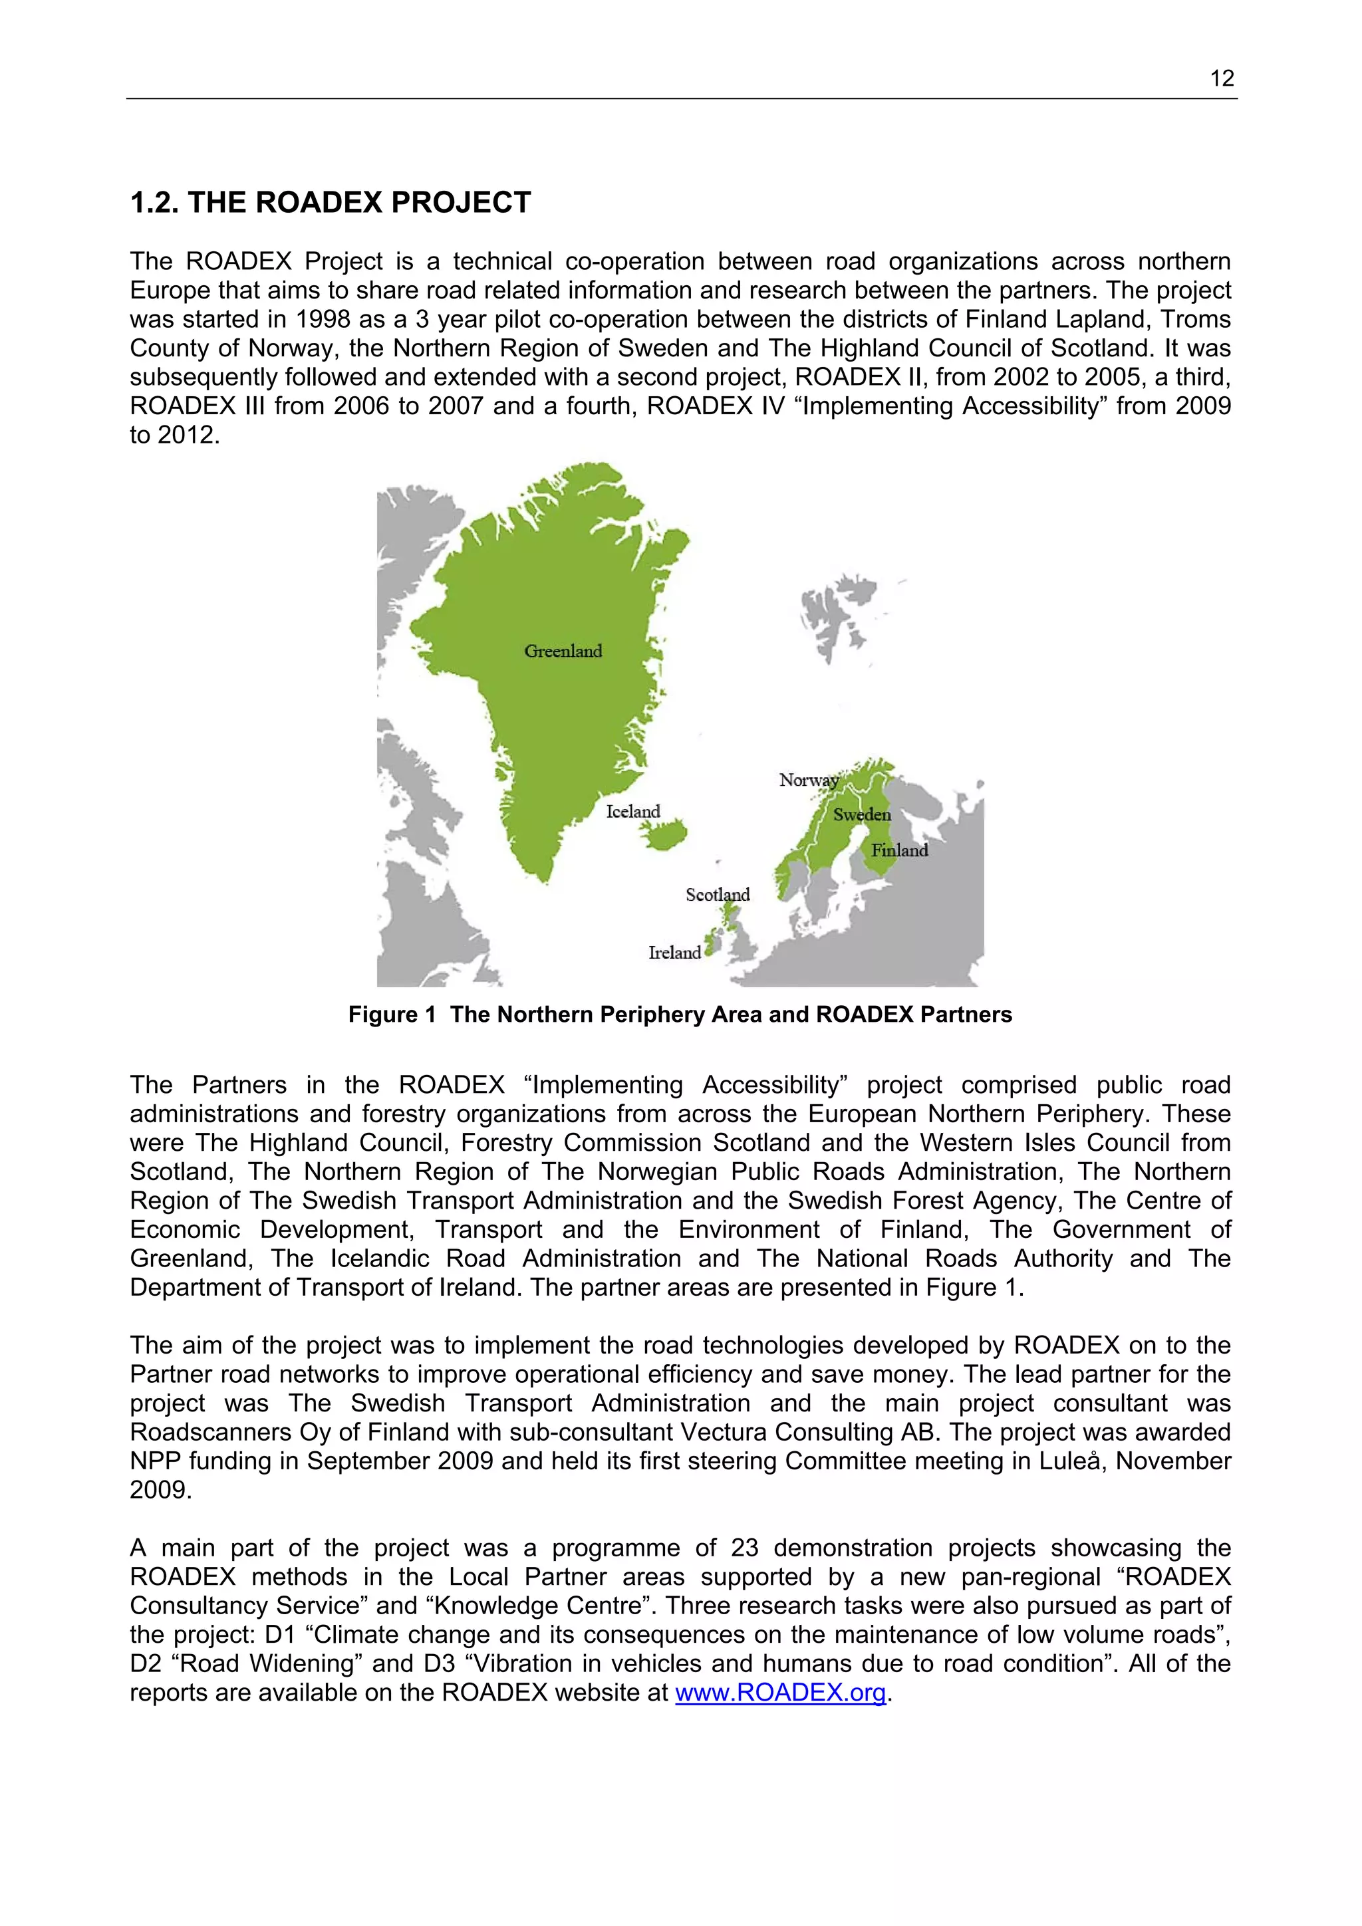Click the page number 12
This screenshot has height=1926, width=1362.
tap(1221, 79)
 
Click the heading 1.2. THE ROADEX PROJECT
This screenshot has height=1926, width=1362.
tap(331, 202)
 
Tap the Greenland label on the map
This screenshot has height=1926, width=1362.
tap(563, 651)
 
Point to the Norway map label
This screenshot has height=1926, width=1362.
tap(808, 780)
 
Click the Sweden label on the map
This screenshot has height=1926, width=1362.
tap(862, 814)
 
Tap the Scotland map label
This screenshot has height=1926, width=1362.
tap(717, 894)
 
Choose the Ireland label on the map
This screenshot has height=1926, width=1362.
tap(674, 952)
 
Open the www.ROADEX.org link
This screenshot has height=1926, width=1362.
tap(781, 1692)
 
